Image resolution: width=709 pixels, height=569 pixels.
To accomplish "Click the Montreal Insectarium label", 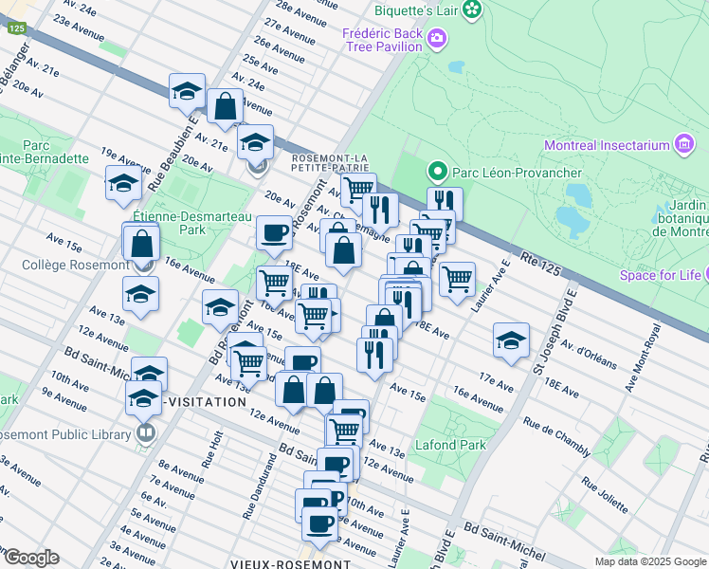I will pos(607,145).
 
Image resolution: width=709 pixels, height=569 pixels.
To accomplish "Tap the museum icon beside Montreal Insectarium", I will pos(682,145).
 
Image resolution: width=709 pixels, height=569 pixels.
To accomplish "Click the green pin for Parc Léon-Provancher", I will pos(437,172).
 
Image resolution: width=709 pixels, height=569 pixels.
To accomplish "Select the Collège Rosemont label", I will pos(64,265).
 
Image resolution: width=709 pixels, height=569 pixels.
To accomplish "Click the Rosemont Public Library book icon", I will pos(145,434).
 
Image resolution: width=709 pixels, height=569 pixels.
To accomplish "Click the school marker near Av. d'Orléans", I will pos(510,340).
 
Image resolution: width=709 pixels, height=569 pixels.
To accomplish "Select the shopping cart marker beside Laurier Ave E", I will pos(457,278).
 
